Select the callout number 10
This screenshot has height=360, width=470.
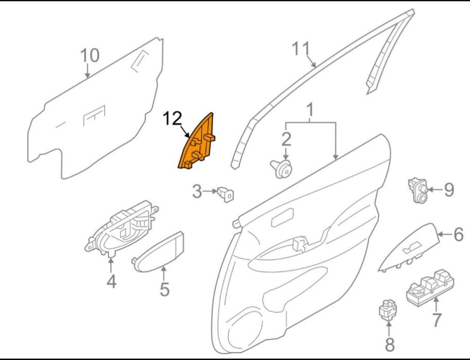point(90,56)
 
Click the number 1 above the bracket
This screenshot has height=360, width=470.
point(310,110)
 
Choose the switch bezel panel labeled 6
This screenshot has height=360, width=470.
point(409,247)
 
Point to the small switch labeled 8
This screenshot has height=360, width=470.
point(388,310)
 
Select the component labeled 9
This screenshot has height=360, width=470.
point(417,190)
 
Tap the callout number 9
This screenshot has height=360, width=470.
point(448,190)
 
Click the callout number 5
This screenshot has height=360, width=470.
point(165,289)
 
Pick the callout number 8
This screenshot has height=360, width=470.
point(389,345)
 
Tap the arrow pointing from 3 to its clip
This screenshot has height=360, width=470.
point(210,191)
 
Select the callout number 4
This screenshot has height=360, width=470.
point(111,281)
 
